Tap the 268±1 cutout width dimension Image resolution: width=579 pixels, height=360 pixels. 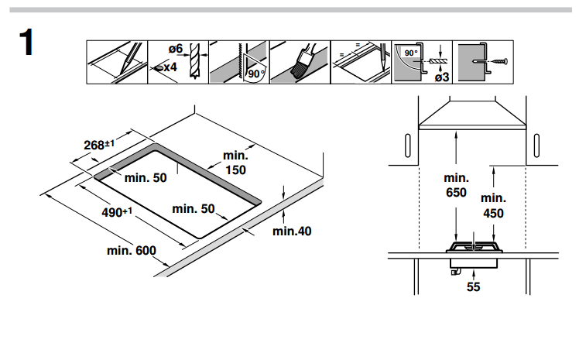[x=99, y=144]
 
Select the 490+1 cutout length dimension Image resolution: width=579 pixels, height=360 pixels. [x=117, y=212]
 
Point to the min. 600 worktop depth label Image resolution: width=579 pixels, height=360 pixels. [x=132, y=250]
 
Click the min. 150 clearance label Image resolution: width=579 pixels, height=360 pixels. [x=235, y=163]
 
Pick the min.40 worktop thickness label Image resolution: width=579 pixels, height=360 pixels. [x=292, y=231]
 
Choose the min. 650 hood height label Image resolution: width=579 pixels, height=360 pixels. [x=457, y=185]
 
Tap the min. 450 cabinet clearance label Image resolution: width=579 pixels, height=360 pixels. [x=493, y=206]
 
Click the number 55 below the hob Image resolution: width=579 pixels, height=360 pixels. [x=474, y=287]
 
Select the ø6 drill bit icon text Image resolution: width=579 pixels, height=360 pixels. [x=176, y=49]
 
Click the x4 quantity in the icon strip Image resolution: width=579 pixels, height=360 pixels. [x=170, y=67]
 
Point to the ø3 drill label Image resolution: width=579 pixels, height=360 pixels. [x=442, y=77]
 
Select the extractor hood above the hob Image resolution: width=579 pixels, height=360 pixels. [x=472, y=115]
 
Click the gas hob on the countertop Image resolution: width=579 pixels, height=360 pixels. [x=475, y=247]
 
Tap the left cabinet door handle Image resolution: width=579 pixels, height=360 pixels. [x=408, y=146]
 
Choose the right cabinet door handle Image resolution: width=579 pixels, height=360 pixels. [x=536, y=146]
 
